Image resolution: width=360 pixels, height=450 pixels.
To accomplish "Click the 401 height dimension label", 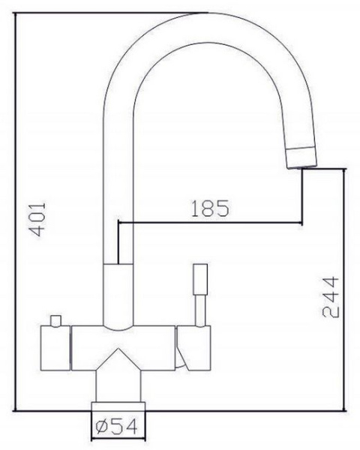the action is (38, 219).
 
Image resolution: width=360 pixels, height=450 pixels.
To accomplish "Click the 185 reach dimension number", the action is (210, 208).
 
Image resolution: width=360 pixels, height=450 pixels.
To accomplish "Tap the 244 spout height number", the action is (331, 297).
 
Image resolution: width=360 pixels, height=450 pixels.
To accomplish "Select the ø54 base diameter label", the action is (116, 427).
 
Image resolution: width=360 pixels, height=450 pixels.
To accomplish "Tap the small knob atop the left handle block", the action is (55, 320).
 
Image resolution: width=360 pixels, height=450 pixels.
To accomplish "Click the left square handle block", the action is (55, 348).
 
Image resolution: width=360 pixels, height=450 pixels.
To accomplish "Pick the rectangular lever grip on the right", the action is (201, 279).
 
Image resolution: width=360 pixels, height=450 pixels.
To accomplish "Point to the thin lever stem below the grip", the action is (201, 310).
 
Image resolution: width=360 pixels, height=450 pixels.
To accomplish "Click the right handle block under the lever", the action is (193, 348).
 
